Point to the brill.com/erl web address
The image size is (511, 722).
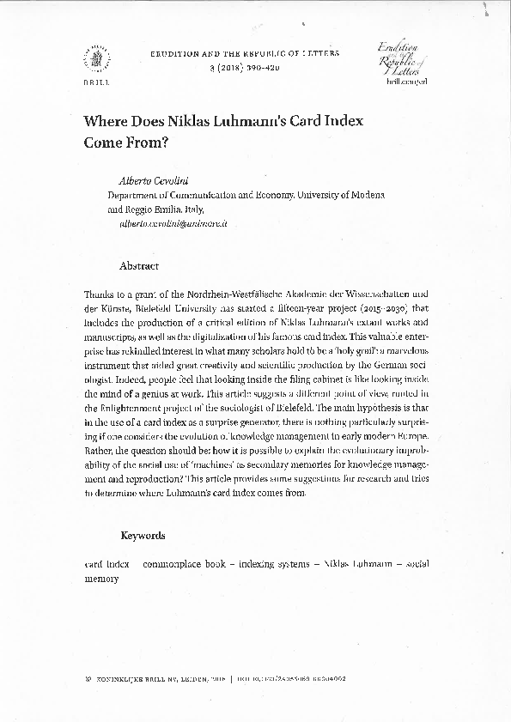tap(406, 81)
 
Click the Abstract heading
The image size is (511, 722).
tap(139, 266)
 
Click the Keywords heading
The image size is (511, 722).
tap(143, 535)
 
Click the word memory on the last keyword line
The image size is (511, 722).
tap(101, 579)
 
